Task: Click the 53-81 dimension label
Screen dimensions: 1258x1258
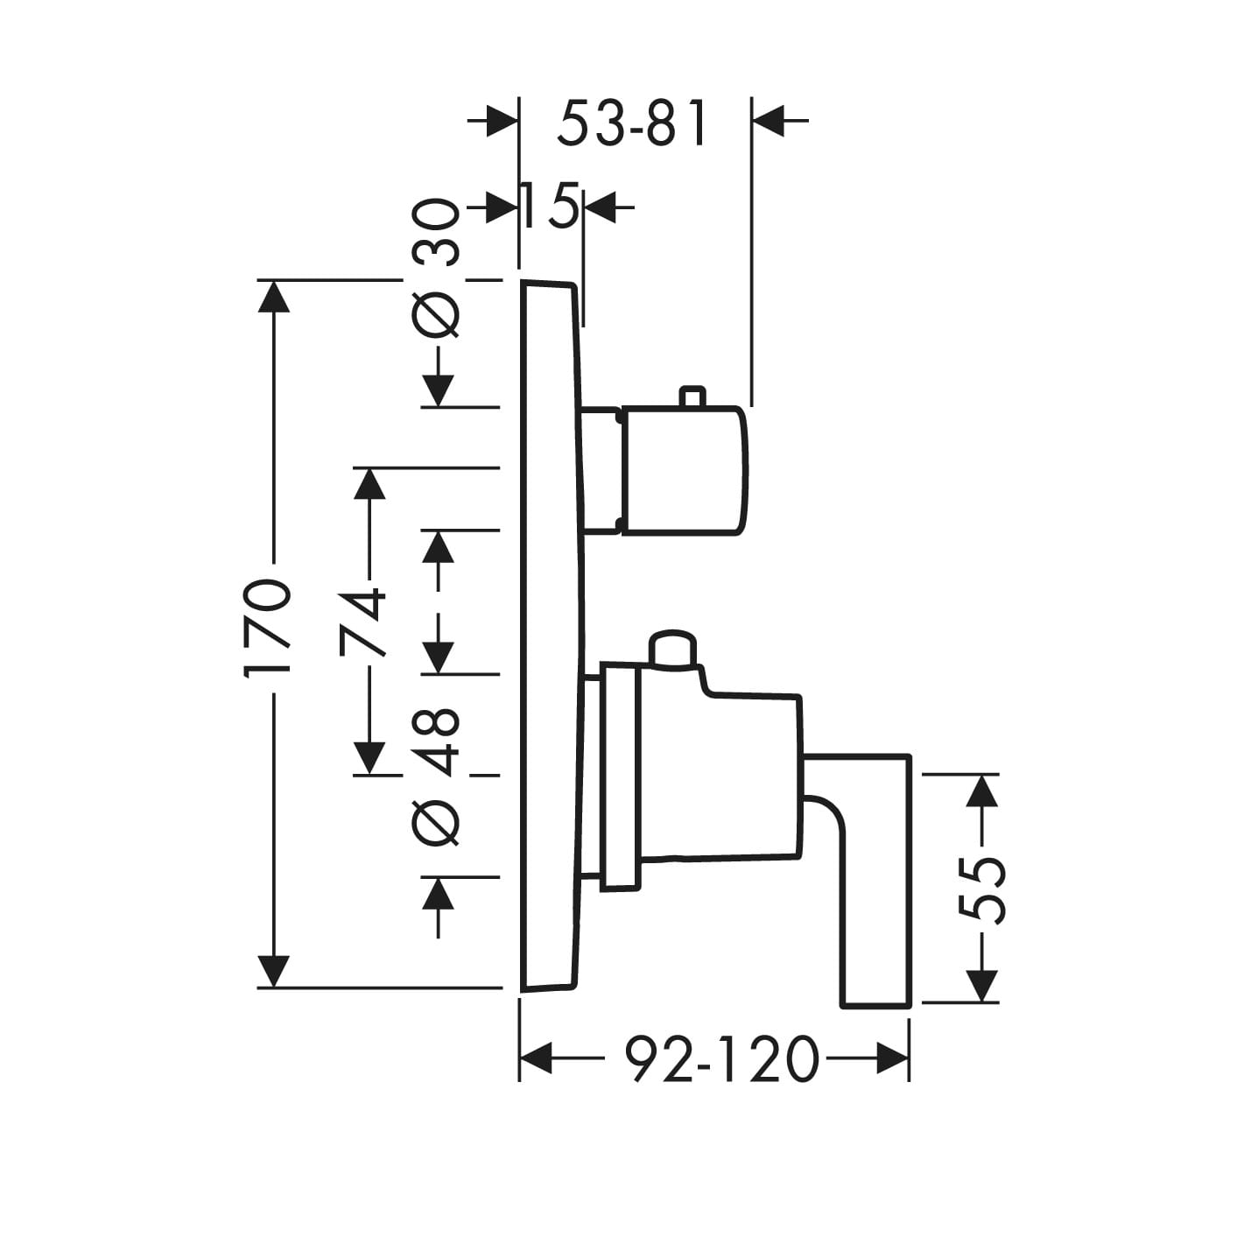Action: pos(631,123)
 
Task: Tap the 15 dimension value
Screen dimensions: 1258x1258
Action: pos(549,207)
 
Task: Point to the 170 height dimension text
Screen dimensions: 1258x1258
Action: pos(266,627)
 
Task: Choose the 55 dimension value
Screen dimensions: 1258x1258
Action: pos(981,889)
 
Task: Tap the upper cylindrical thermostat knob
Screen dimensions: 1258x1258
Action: pos(683,470)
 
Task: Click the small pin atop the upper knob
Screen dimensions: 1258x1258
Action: pos(692,397)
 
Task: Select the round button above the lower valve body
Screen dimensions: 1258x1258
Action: pos(672,649)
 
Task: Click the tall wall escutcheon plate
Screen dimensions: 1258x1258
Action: pos(549,636)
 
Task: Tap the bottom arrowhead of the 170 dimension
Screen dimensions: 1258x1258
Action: pos(274,971)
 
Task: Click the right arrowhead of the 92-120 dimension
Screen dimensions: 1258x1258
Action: pos(893,1058)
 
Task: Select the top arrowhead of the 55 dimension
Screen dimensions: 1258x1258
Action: pos(983,791)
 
